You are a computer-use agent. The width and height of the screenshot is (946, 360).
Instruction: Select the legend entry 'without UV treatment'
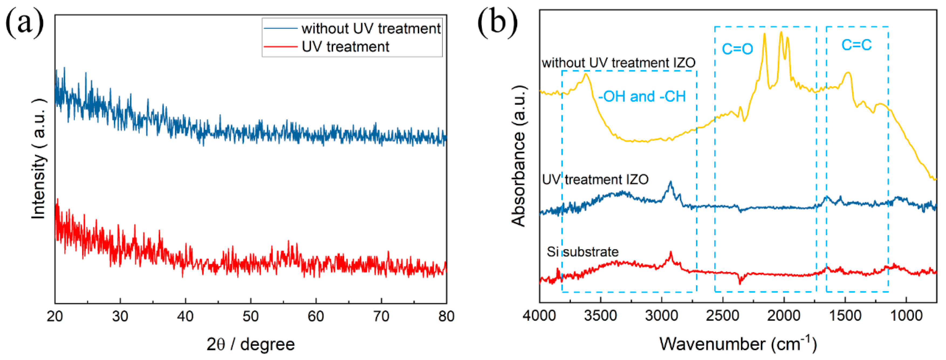(371, 29)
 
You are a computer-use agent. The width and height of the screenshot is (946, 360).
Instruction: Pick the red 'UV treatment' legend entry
(345, 47)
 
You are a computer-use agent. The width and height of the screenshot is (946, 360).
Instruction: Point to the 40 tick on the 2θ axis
(185, 316)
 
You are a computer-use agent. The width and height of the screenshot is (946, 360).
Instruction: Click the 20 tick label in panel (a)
(55, 316)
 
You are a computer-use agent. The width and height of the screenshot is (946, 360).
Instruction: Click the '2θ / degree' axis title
(251, 344)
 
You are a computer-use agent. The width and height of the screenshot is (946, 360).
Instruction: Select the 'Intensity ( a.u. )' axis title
(38, 159)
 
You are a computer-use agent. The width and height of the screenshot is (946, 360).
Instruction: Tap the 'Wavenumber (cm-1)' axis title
(738, 344)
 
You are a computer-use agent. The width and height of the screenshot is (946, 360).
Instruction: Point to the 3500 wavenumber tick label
(601, 316)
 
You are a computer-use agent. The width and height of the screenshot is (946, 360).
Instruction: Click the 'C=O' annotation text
(737, 49)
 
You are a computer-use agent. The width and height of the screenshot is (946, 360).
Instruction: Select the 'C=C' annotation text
(856, 45)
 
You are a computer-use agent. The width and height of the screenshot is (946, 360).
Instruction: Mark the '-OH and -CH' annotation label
(642, 97)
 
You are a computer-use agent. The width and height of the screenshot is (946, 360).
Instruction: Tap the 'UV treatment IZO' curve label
(595, 180)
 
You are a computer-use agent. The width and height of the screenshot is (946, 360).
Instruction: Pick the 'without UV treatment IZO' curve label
(618, 63)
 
